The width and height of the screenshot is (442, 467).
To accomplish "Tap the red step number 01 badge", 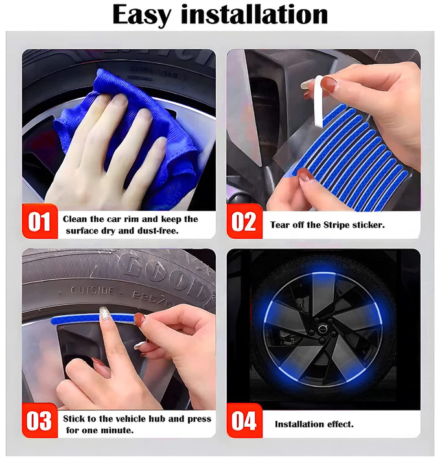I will click(x=40, y=222).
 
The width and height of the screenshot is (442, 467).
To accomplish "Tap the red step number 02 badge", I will click(x=244, y=222).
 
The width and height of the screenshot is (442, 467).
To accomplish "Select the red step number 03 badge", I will click(x=40, y=421).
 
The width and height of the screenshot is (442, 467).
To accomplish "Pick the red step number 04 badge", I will click(x=244, y=421).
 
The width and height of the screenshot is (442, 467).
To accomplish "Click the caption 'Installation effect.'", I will click(x=314, y=424).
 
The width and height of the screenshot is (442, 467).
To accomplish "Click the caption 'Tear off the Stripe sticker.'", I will click(x=327, y=225).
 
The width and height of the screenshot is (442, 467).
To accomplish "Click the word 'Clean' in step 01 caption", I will click(x=76, y=219).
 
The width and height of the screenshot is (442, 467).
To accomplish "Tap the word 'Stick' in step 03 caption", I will click(x=75, y=418).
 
